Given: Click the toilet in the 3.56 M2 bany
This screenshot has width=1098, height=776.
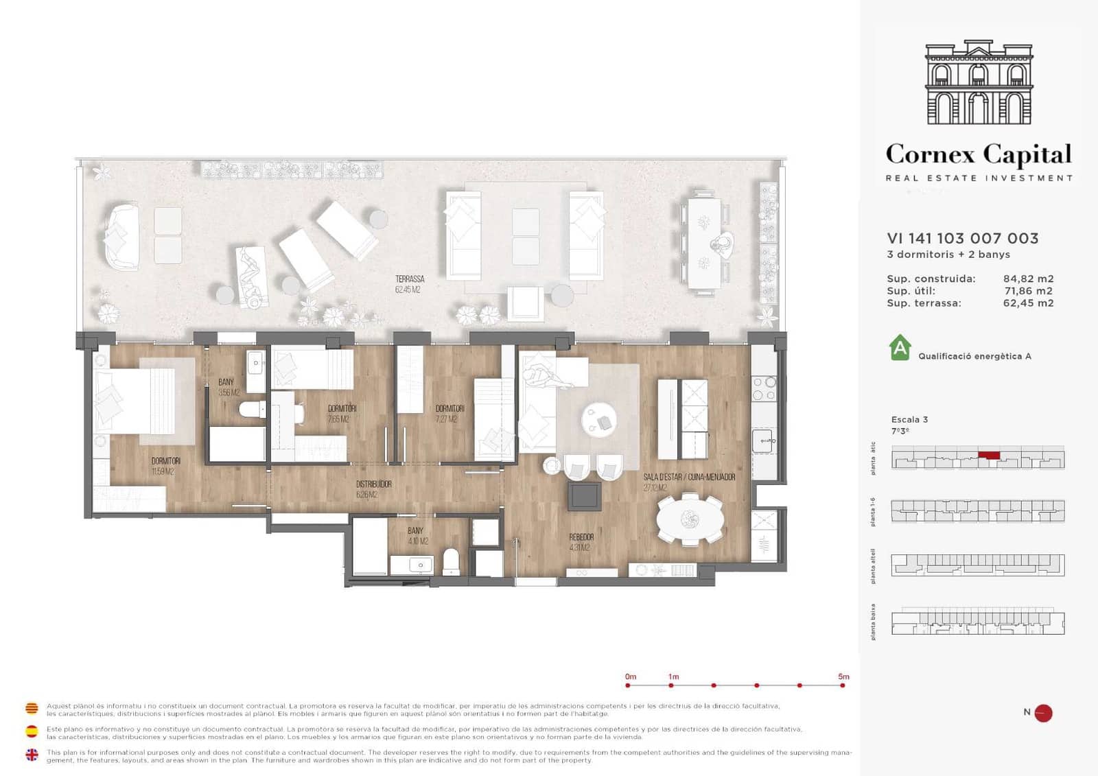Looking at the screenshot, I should (x=252, y=410).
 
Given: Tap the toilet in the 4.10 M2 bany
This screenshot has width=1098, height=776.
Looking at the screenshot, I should (x=451, y=561).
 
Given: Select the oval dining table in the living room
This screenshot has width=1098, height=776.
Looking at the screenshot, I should (x=690, y=519).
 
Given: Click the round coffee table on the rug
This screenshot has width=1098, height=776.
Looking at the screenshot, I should (x=599, y=420).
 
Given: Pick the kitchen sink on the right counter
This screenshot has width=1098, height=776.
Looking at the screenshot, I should (x=763, y=440).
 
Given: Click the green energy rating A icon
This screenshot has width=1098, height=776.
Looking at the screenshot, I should (x=900, y=348).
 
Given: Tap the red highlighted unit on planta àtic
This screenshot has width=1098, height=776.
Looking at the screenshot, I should (x=989, y=454).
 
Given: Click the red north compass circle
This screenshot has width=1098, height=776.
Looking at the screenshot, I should (x=1043, y=713).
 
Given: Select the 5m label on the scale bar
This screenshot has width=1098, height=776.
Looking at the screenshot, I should (x=843, y=677).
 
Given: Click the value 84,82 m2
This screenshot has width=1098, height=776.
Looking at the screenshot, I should (x=1028, y=279).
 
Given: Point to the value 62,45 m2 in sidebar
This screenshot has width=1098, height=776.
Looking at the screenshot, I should (x=1028, y=303).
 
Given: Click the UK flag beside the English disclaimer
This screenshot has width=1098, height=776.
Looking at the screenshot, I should (x=32, y=755).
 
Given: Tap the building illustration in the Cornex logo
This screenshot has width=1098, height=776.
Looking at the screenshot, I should (x=979, y=82).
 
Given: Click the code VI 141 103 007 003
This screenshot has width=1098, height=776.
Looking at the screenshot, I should (x=962, y=238).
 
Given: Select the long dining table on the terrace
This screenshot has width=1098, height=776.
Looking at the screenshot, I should (x=705, y=243).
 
